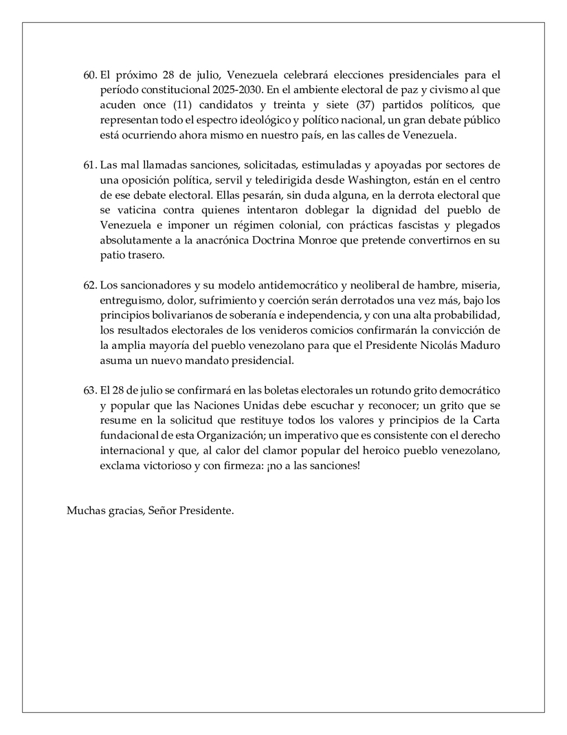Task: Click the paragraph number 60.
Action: click(x=90, y=74)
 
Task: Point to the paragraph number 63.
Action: click(x=90, y=390)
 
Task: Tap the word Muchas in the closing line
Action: click(x=83, y=511)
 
